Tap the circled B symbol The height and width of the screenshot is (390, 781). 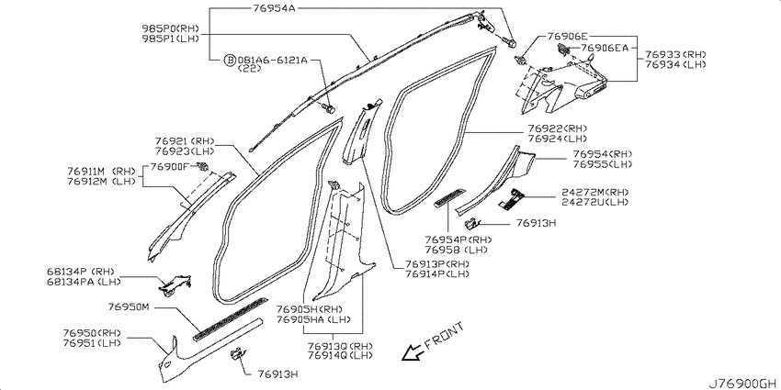click(229, 61)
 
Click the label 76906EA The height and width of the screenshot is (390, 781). click(605, 49)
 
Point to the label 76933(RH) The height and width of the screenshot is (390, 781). click(676, 54)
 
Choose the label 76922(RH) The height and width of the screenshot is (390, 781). click(558, 128)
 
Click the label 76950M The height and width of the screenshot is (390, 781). click(129, 306)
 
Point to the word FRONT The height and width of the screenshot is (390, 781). click(445, 336)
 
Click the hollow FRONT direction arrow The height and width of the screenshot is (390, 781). click(412, 352)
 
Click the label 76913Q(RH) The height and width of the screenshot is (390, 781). click(340, 346)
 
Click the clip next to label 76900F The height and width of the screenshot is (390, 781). click(203, 167)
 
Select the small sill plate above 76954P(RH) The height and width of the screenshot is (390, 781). click(450, 196)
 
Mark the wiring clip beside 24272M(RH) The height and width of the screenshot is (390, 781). click(511, 197)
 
